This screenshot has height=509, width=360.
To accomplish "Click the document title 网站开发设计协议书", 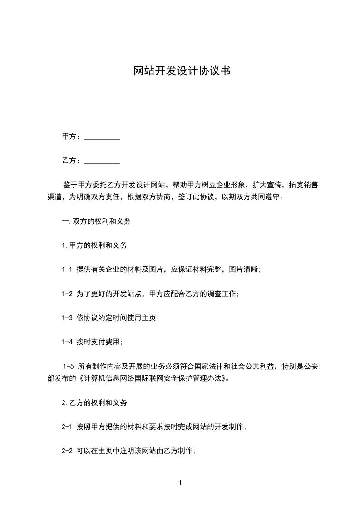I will click(180, 71).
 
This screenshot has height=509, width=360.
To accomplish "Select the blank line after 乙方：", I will click(102, 161).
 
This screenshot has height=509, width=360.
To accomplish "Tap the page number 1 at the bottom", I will click(180, 483).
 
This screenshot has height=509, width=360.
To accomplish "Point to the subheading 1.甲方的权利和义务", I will click(94, 245).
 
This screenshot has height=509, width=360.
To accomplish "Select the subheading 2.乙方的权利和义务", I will click(94, 402).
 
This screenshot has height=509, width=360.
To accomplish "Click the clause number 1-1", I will click(67, 269).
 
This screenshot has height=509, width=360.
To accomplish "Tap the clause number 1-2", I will click(67, 294).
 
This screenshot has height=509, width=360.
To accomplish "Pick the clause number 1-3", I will click(67, 318).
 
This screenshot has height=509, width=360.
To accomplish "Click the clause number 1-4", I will click(67, 342).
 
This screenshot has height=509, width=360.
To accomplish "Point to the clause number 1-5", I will click(69, 366).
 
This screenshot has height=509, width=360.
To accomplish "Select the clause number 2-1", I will click(67, 426).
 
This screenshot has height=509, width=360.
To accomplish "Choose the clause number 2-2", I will click(67, 451).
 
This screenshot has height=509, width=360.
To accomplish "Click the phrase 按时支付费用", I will click(99, 342).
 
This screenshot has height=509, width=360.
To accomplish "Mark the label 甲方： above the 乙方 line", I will click(71, 137).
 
